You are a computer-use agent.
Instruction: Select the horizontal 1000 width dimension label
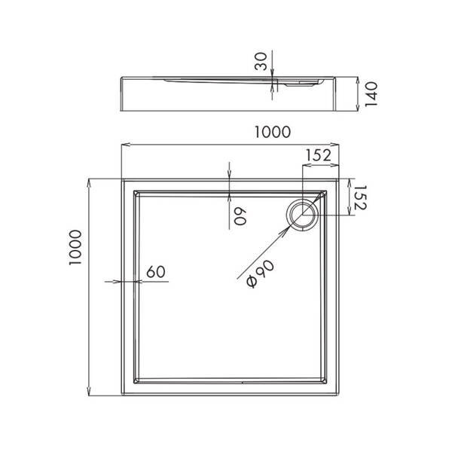click(x=272, y=132)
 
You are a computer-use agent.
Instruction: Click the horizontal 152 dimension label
click(x=319, y=155)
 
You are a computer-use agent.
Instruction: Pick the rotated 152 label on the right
click(x=360, y=197)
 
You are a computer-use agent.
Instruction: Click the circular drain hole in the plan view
click(x=304, y=214)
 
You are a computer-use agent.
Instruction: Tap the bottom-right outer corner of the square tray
click(x=338, y=395)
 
